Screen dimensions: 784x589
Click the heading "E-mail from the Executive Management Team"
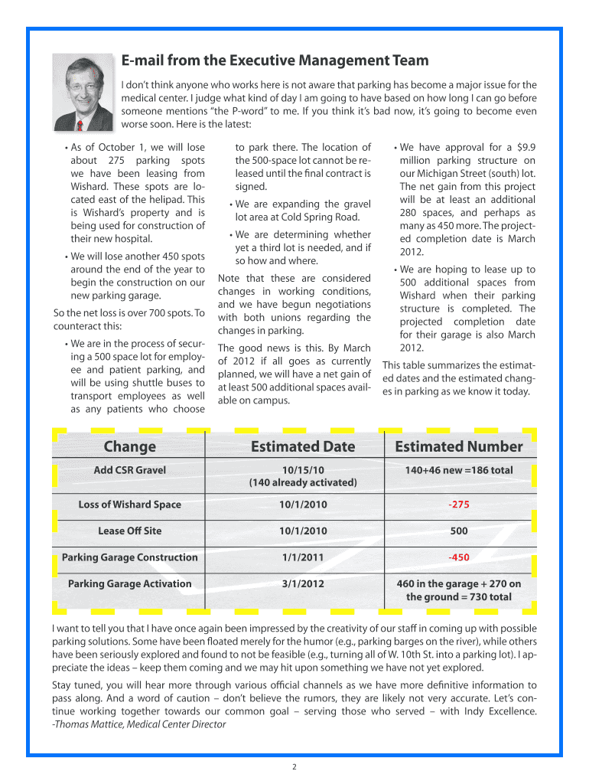pyautogui.click(x=275, y=60)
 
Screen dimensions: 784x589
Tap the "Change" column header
pyautogui.click(x=129, y=446)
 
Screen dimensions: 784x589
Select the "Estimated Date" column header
pyautogui.click(x=303, y=446)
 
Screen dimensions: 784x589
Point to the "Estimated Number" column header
pyautogui.click(x=458, y=446)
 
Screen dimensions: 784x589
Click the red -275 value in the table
pyautogui.click(x=459, y=505)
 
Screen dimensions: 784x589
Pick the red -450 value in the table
pyautogui.click(x=459, y=557)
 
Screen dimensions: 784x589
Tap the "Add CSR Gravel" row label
pyautogui.click(x=129, y=470)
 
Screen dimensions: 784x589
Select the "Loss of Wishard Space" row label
pyautogui.click(x=129, y=505)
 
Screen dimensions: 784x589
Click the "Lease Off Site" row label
pyautogui.click(x=129, y=531)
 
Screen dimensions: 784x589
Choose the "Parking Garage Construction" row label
pyautogui.click(x=129, y=557)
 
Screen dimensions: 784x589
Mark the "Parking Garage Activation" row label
pyautogui.click(x=129, y=583)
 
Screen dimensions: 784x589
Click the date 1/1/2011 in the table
pyautogui.click(x=303, y=557)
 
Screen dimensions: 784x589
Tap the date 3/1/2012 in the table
pyautogui.click(x=303, y=583)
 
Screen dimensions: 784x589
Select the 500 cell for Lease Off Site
pyautogui.click(x=459, y=531)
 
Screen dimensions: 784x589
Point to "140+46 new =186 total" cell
pyautogui.click(x=459, y=470)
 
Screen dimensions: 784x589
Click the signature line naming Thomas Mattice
pyautogui.click(x=138, y=724)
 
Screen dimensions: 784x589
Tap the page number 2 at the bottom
pyautogui.click(x=294, y=766)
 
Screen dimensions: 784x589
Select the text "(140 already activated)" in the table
pyautogui.click(x=303, y=482)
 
